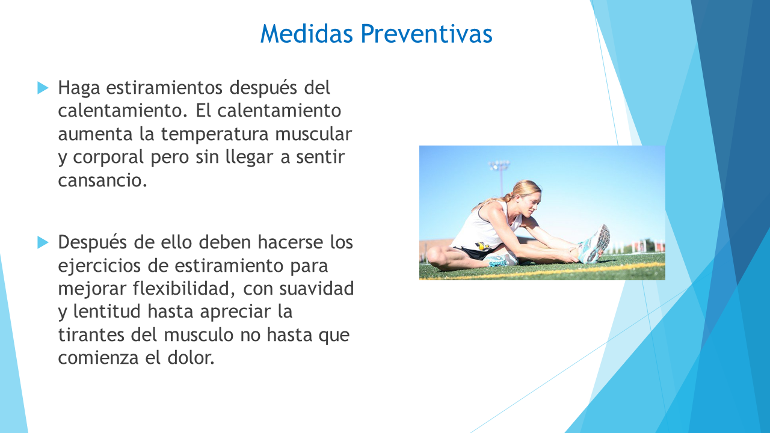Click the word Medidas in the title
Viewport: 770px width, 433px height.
[307, 34]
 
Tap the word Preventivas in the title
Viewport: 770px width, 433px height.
[427, 34]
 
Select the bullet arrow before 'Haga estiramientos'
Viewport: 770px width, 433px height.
[43, 88]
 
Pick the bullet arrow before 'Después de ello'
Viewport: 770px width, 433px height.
[43, 242]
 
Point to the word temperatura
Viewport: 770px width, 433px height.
[215, 134]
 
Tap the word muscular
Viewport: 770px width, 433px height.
[313, 134]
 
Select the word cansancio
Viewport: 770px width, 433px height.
[102, 180]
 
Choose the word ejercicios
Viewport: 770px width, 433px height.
[99, 266]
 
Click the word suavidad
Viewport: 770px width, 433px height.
[316, 288]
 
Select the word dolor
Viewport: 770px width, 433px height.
[191, 357]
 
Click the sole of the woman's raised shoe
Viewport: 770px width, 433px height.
[600, 244]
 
